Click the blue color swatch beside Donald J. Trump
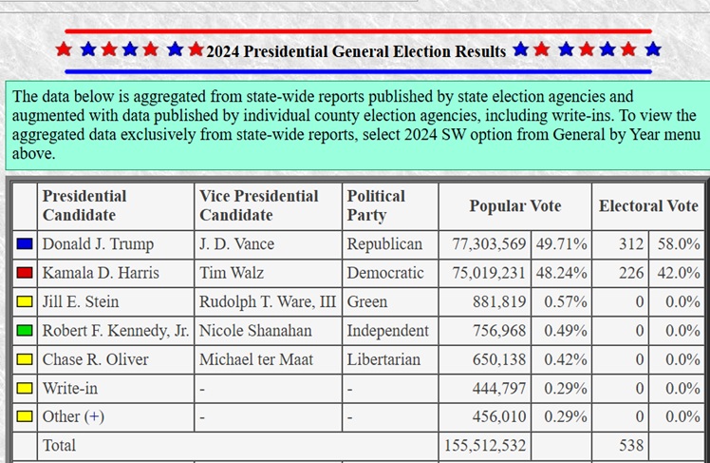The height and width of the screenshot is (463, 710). point(25,244)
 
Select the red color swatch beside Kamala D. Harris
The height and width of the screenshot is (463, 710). point(25,273)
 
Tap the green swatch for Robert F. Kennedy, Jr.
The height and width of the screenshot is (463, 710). point(25,331)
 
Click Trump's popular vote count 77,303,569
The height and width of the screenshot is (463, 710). point(489,244)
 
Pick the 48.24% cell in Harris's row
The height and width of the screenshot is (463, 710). point(562,273)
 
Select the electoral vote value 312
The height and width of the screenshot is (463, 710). point(631,244)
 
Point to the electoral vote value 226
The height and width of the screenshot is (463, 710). point(631,273)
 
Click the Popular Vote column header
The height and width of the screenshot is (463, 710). point(514,206)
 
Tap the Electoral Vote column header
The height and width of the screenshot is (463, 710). point(648,206)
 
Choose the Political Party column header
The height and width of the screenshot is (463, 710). point(376,205)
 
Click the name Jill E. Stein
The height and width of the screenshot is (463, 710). point(81,301)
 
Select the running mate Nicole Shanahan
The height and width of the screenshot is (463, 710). point(255,331)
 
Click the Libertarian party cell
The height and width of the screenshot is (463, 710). point(383,359)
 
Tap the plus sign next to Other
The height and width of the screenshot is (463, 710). point(94,416)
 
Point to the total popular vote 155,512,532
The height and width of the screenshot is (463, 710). point(485,445)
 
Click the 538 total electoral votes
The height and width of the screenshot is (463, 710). point(631,445)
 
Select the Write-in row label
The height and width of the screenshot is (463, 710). point(69,389)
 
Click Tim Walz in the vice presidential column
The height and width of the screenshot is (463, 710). point(232,273)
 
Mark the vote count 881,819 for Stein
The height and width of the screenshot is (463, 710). point(499,301)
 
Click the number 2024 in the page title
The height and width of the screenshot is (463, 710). point(223,51)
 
